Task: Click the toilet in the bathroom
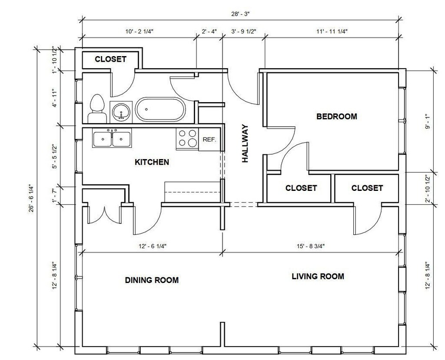tap(97, 108)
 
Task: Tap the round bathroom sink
tap(121, 112)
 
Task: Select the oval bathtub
tap(160, 109)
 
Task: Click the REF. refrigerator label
tap(209, 140)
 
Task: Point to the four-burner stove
tap(187, 138)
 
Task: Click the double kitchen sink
tap(112, 138)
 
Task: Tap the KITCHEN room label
tap(152, 162)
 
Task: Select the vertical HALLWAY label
tap(245, 143)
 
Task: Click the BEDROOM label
tap(337, 117)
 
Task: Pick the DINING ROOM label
tap(152, 280)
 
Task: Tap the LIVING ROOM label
tap(318, 276)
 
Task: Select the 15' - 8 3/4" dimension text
tap(311, 246)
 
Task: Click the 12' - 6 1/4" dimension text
tap(153, 246)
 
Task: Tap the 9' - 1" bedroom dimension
tap(428, 121)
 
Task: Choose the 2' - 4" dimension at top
tap(209, 31)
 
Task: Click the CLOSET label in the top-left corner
tap(110, 59)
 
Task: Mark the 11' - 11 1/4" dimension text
tap(332, 31)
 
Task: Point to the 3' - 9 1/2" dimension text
tap(244, 31)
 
